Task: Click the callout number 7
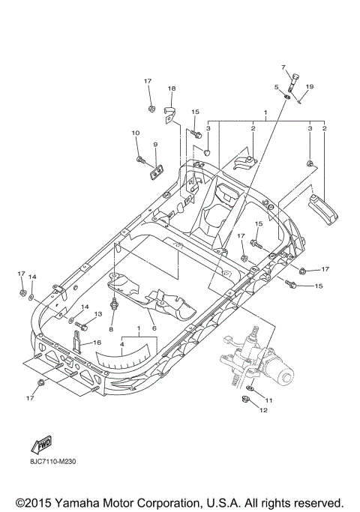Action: pyautogui.click(x=284, y=68)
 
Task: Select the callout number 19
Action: pyautogui.click(x=310, y=88)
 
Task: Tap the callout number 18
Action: pyautogui.click(x=171, y=89)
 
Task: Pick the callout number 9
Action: pyautogui.click(x=155, y=144)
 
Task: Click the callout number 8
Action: pyautogui.click(x=111, y=328)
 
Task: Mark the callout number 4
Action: pyautogui.click(x=123, y=344)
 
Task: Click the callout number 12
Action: pyautogui.click(x=263, y=411)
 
